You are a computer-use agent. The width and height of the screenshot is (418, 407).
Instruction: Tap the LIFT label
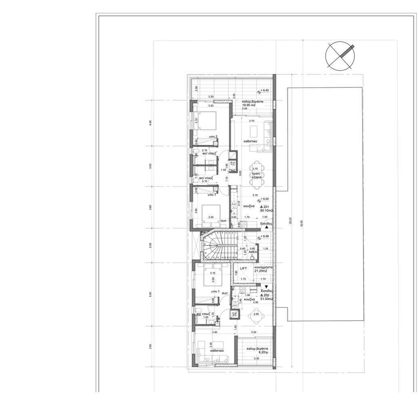coord(243,268)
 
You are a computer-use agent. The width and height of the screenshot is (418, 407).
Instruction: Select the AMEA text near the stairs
coord(253,251)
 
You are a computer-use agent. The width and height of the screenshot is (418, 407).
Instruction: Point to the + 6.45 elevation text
coord(265,90)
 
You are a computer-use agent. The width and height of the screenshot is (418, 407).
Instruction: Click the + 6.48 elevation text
coord(265,236)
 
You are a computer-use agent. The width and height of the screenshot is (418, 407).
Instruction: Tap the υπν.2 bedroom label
coord(213,137)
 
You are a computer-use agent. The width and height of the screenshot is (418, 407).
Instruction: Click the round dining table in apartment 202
coord(256,317)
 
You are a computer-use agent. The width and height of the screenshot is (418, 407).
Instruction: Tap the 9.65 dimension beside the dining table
coord(241,172)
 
